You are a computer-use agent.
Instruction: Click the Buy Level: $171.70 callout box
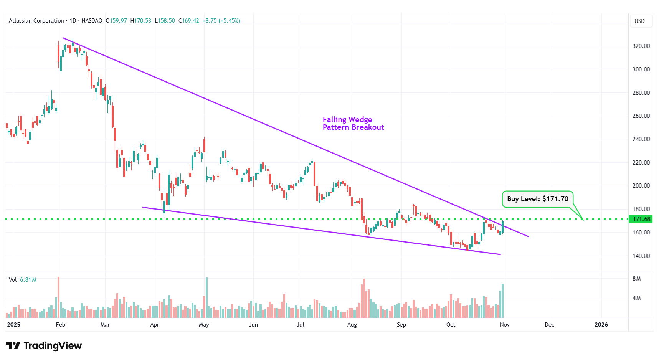pos(537,199)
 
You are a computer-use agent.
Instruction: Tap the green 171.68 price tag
pos(641,219)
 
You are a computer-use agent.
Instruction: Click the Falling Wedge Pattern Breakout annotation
pos(353,124)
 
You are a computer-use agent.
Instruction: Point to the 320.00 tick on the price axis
pos(641,46)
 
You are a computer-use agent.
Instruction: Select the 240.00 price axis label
pos(641,139)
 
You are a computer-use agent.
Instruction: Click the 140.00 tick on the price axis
pos(641,256)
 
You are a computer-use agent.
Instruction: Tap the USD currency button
pos(639,21)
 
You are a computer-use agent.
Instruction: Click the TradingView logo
pos(44,346)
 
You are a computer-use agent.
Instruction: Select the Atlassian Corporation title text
pos(36,21)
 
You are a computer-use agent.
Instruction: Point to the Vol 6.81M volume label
pos(23,280)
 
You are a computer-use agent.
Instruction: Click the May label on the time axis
pos(204,325)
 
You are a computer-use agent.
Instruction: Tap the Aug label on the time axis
pos(352,325)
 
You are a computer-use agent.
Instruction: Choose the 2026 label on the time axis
pos(601,325)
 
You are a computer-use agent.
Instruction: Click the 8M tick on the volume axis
pos(636,279)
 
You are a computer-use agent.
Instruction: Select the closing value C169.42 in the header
pos(189,21)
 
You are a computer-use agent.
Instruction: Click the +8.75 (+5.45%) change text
pos(221,21)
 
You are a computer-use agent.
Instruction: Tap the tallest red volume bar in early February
pos(58,297)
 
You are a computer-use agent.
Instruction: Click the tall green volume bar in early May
pos(206,297)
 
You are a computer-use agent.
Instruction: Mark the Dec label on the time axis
pos(549,325)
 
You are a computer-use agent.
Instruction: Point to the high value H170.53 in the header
pos(141,21)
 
